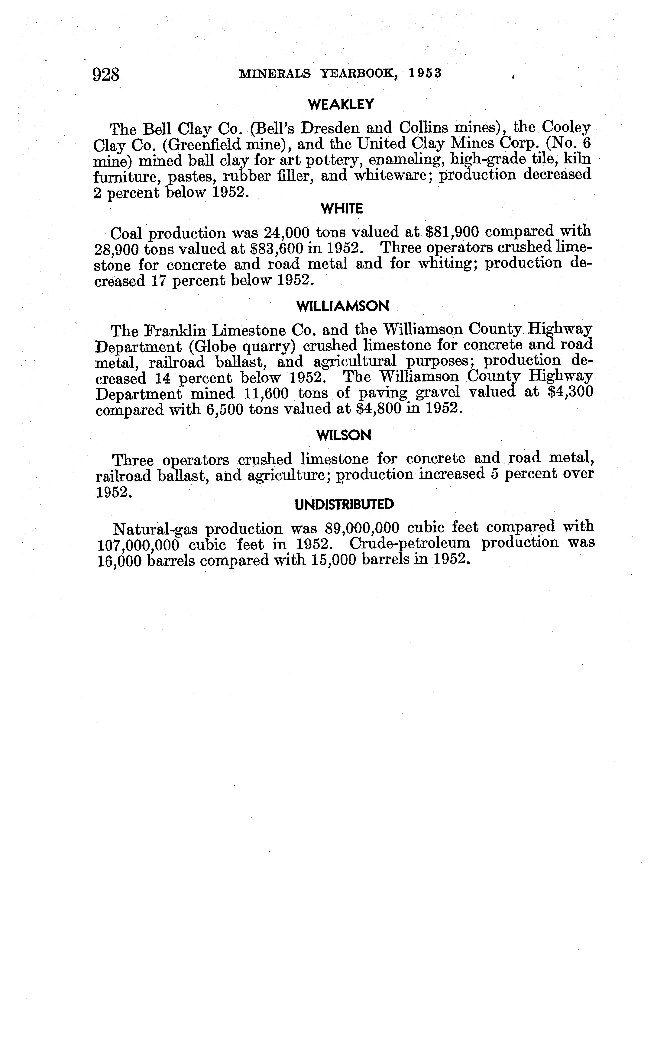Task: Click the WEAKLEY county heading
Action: point(341,104)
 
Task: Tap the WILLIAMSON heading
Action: point(342,307)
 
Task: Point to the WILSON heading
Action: point(344,435)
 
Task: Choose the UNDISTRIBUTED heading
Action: point(344,504)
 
